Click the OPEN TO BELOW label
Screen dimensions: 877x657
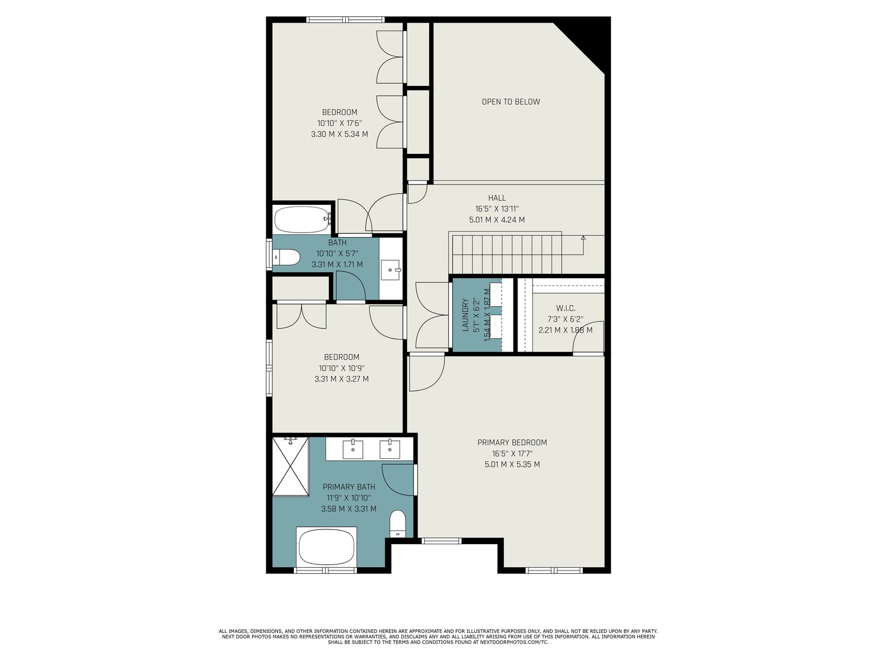511,102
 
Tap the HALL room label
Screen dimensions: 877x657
497,198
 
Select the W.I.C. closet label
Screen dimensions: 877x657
565,308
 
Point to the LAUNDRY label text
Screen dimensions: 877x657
465,315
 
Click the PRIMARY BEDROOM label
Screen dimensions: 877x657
512,442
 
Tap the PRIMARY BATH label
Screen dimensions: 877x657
349,487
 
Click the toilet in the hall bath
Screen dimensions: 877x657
286,257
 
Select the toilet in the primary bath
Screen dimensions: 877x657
397,523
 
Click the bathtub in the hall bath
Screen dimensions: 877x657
303,220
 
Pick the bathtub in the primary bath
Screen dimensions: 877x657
327,546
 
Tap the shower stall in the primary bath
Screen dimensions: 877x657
291,466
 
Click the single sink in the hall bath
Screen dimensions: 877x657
390,270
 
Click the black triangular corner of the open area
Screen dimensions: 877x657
588,40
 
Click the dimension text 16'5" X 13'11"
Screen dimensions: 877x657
497,209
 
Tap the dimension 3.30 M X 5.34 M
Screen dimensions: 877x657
340,135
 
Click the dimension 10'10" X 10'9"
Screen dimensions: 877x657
341,368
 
